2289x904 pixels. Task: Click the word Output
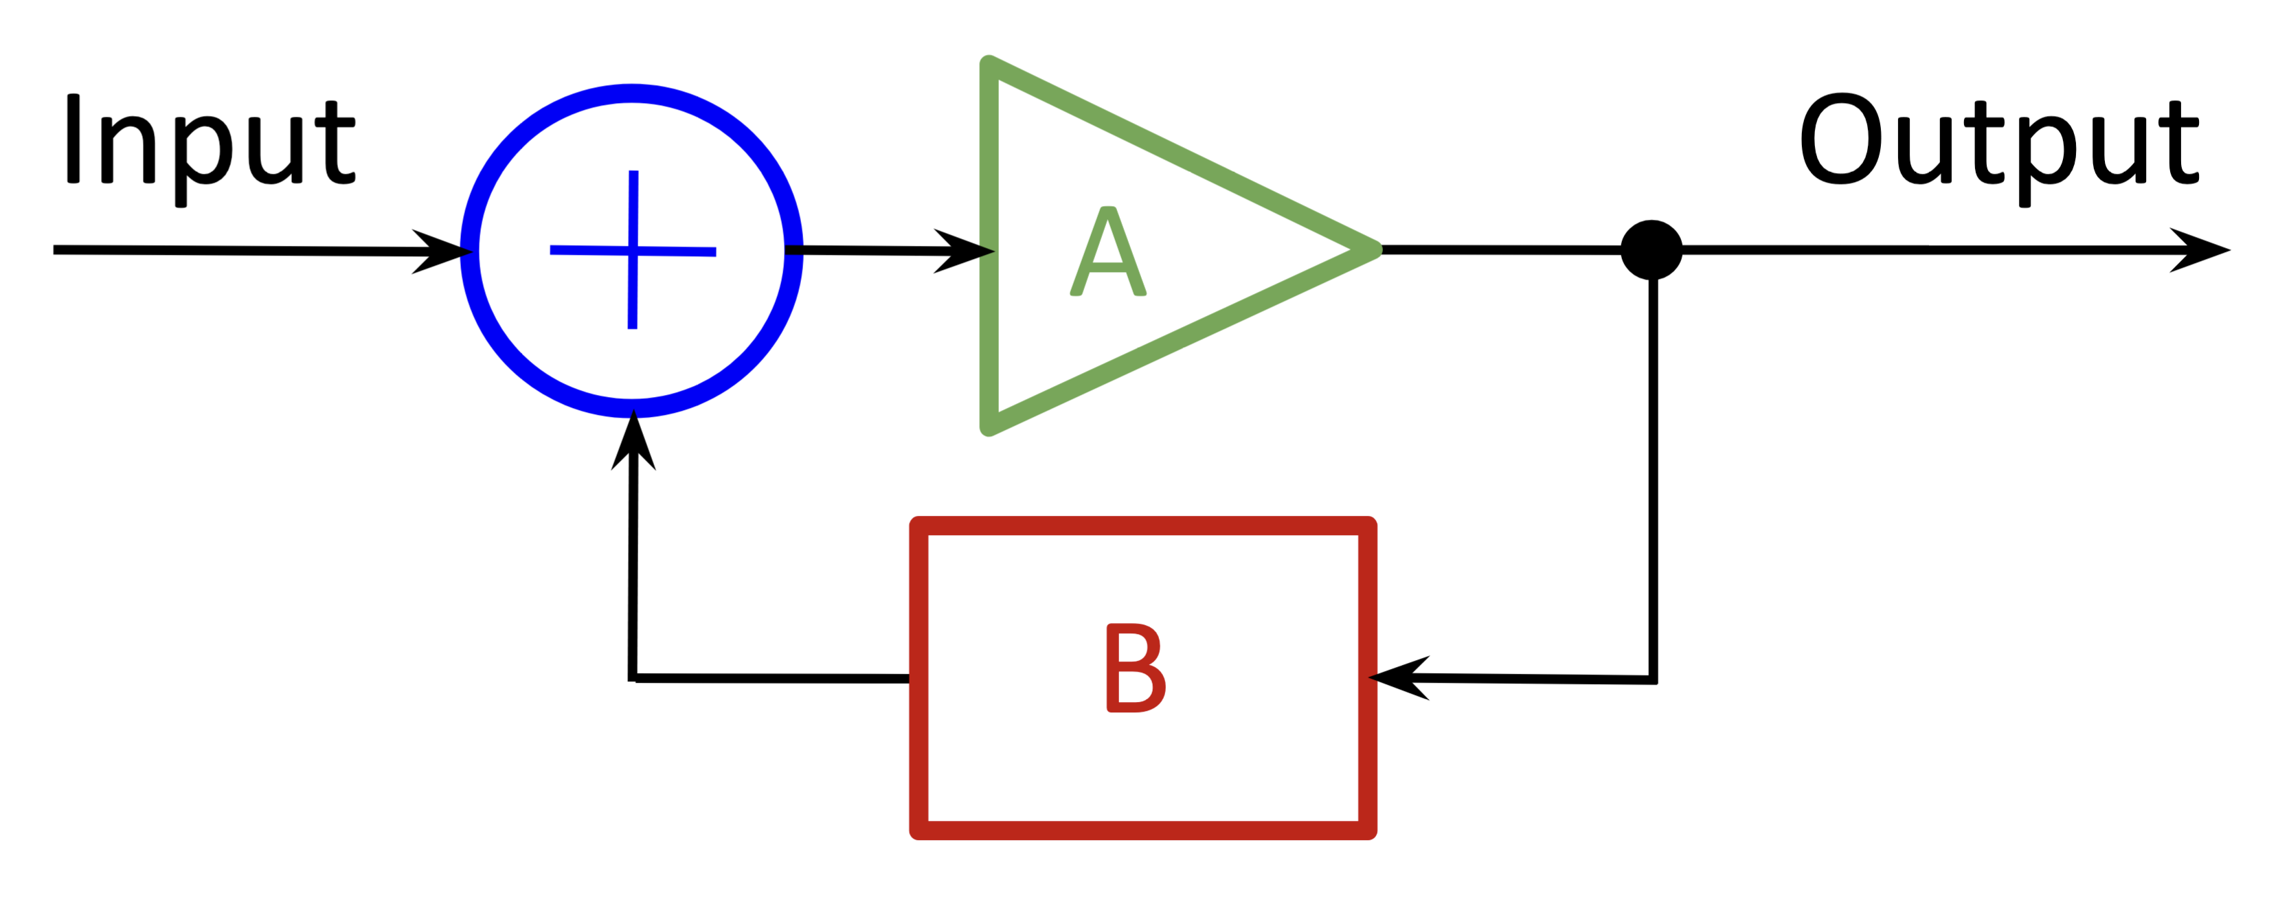(x=1999, y=142)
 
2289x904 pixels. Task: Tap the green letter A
(x=1108, y=251)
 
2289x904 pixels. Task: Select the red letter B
(x=1136, y=668)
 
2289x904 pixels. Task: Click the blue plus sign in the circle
(x=633, y=251)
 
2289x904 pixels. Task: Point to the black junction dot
(x=1651, y=250)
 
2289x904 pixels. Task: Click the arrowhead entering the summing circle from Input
(x=444, y=251)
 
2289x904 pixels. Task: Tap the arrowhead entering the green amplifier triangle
(x=967, y=251)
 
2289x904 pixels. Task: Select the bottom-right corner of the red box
(x=1368, y=830)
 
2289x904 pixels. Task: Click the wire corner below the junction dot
(x=1653, y=680)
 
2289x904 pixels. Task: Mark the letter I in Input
(x=74, y=139)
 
